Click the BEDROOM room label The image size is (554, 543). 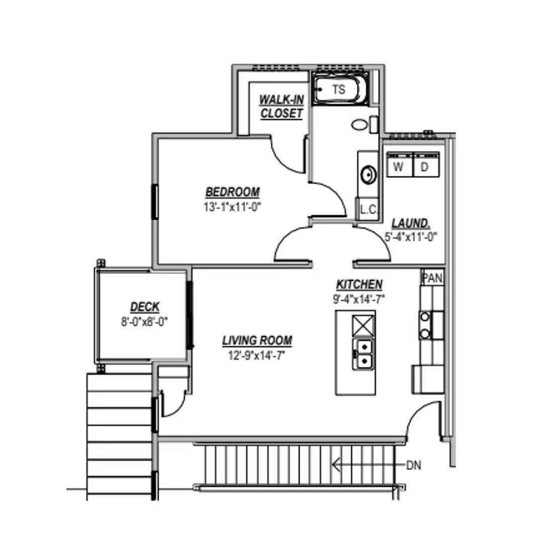[233, 192]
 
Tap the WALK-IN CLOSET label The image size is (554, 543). [282, 107]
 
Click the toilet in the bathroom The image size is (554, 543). [360, 124]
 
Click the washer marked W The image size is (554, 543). [399, 166]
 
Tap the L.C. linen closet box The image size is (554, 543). [368, 210]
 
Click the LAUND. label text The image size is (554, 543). [411, 223]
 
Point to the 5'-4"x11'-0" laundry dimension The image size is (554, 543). [411, 236]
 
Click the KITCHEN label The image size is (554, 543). [359, 285]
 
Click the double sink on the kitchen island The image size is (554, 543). [363, 353]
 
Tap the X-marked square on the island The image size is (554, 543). [363, 326]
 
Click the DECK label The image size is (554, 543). [145, 307]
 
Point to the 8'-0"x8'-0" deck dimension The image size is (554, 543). [144, 321]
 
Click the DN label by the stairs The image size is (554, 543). [414, 466]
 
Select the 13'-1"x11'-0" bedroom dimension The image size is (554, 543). [233, 207]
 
